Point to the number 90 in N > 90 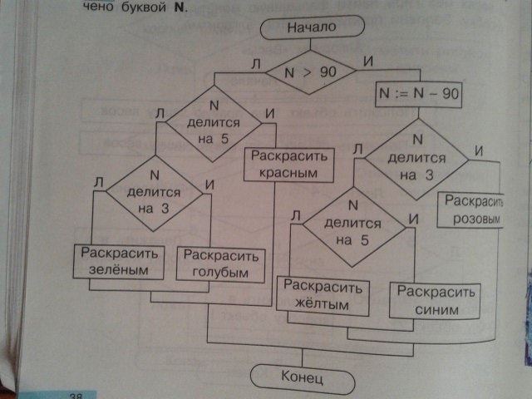pyautogui.click(x=327, y=73)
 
